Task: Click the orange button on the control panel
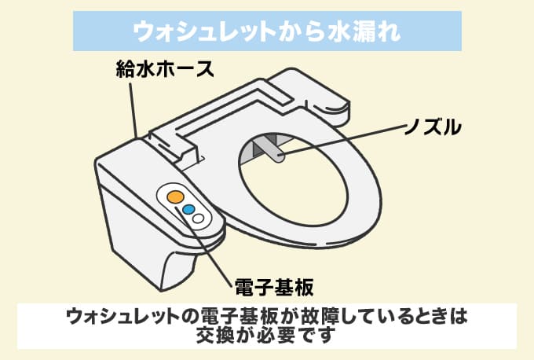(176, 196)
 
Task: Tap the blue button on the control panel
(188, 210)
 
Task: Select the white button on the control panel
(199, 219)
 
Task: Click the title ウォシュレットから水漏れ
(267, 31)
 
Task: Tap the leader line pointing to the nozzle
(346, 138)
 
